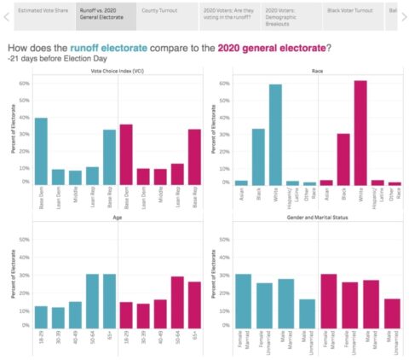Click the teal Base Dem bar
(41, 150)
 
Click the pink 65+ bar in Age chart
(195, 308)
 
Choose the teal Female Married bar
(243, 304)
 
